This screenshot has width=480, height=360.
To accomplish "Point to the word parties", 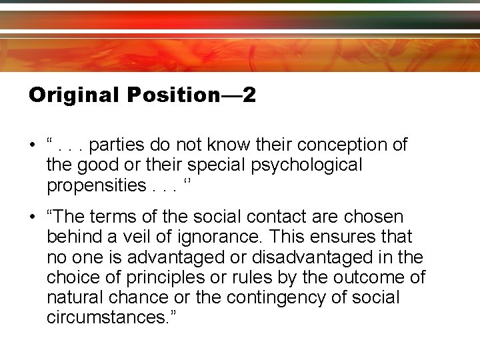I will [x=116, y=145].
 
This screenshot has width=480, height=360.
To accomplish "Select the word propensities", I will [x=94, y=185].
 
